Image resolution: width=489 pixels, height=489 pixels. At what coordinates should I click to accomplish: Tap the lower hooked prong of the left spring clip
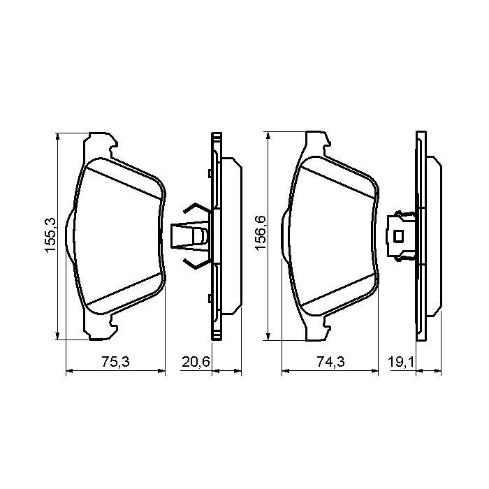191,263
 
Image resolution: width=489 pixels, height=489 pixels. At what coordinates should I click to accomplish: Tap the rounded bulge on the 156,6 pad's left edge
284,235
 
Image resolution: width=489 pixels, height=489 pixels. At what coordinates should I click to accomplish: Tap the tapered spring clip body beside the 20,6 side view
185,235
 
